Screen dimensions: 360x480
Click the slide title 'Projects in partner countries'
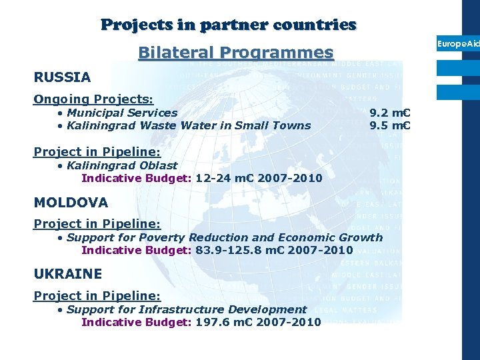[229, 25]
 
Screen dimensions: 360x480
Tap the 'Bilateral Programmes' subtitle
[235, 52]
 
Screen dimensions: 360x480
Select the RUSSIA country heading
[62, 77]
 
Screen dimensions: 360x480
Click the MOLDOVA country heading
[71, 202]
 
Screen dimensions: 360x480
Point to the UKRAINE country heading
[68, 274]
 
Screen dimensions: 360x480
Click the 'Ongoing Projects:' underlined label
[93, 99]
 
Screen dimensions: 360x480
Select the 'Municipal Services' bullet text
[122, 113]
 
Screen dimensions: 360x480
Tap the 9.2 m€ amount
[390, 113]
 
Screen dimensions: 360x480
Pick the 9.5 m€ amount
[390, 125]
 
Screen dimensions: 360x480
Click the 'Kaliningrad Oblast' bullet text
[122, 165]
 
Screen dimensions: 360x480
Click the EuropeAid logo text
[458, 43]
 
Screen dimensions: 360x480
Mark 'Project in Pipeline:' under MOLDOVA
[97, 224]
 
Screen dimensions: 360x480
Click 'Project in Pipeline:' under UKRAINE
[97, 296]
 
